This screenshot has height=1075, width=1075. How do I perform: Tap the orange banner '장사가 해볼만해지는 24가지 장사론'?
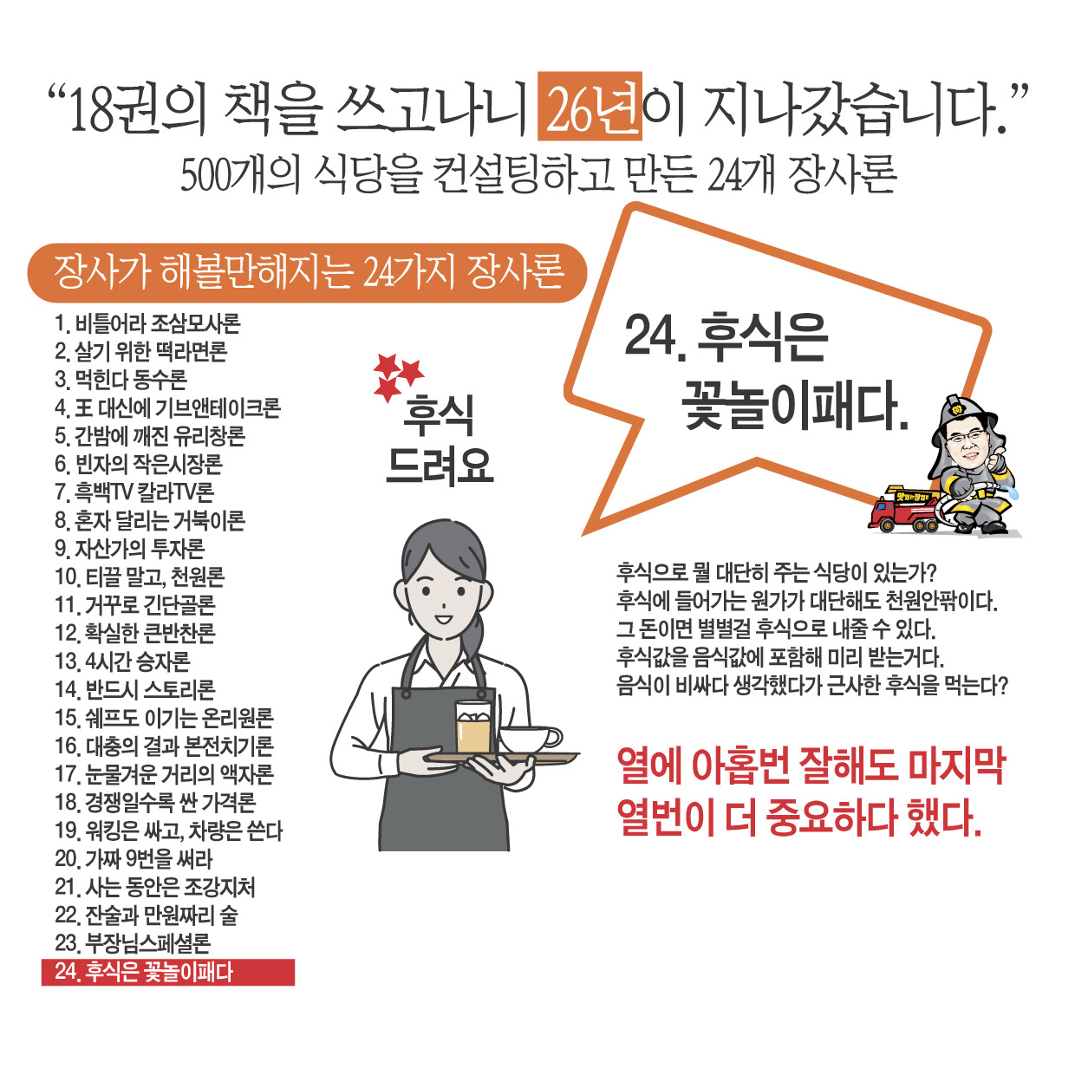click(x=308, y=273)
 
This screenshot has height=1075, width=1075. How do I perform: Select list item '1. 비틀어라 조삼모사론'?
click(x=147, y=324)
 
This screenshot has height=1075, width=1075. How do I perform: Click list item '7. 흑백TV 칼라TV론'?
click(x=134, y=492)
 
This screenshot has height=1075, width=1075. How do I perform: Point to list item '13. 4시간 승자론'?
click(x=122, y=661)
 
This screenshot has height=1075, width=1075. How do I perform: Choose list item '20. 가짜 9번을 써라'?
click(x=134, y=859)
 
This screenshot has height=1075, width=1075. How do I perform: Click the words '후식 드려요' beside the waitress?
click(x=439, y=440)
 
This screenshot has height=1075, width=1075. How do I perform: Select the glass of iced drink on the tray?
click(x=473, y=726)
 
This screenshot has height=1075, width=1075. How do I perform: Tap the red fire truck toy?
click(x=907, y=511)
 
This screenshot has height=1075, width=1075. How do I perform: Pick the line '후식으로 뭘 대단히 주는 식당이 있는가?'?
click(x=778, y=572)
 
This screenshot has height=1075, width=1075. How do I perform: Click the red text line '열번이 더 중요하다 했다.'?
click(x=798, y=818)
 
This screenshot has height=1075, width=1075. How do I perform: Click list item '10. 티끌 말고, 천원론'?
click(x=140, y=577)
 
